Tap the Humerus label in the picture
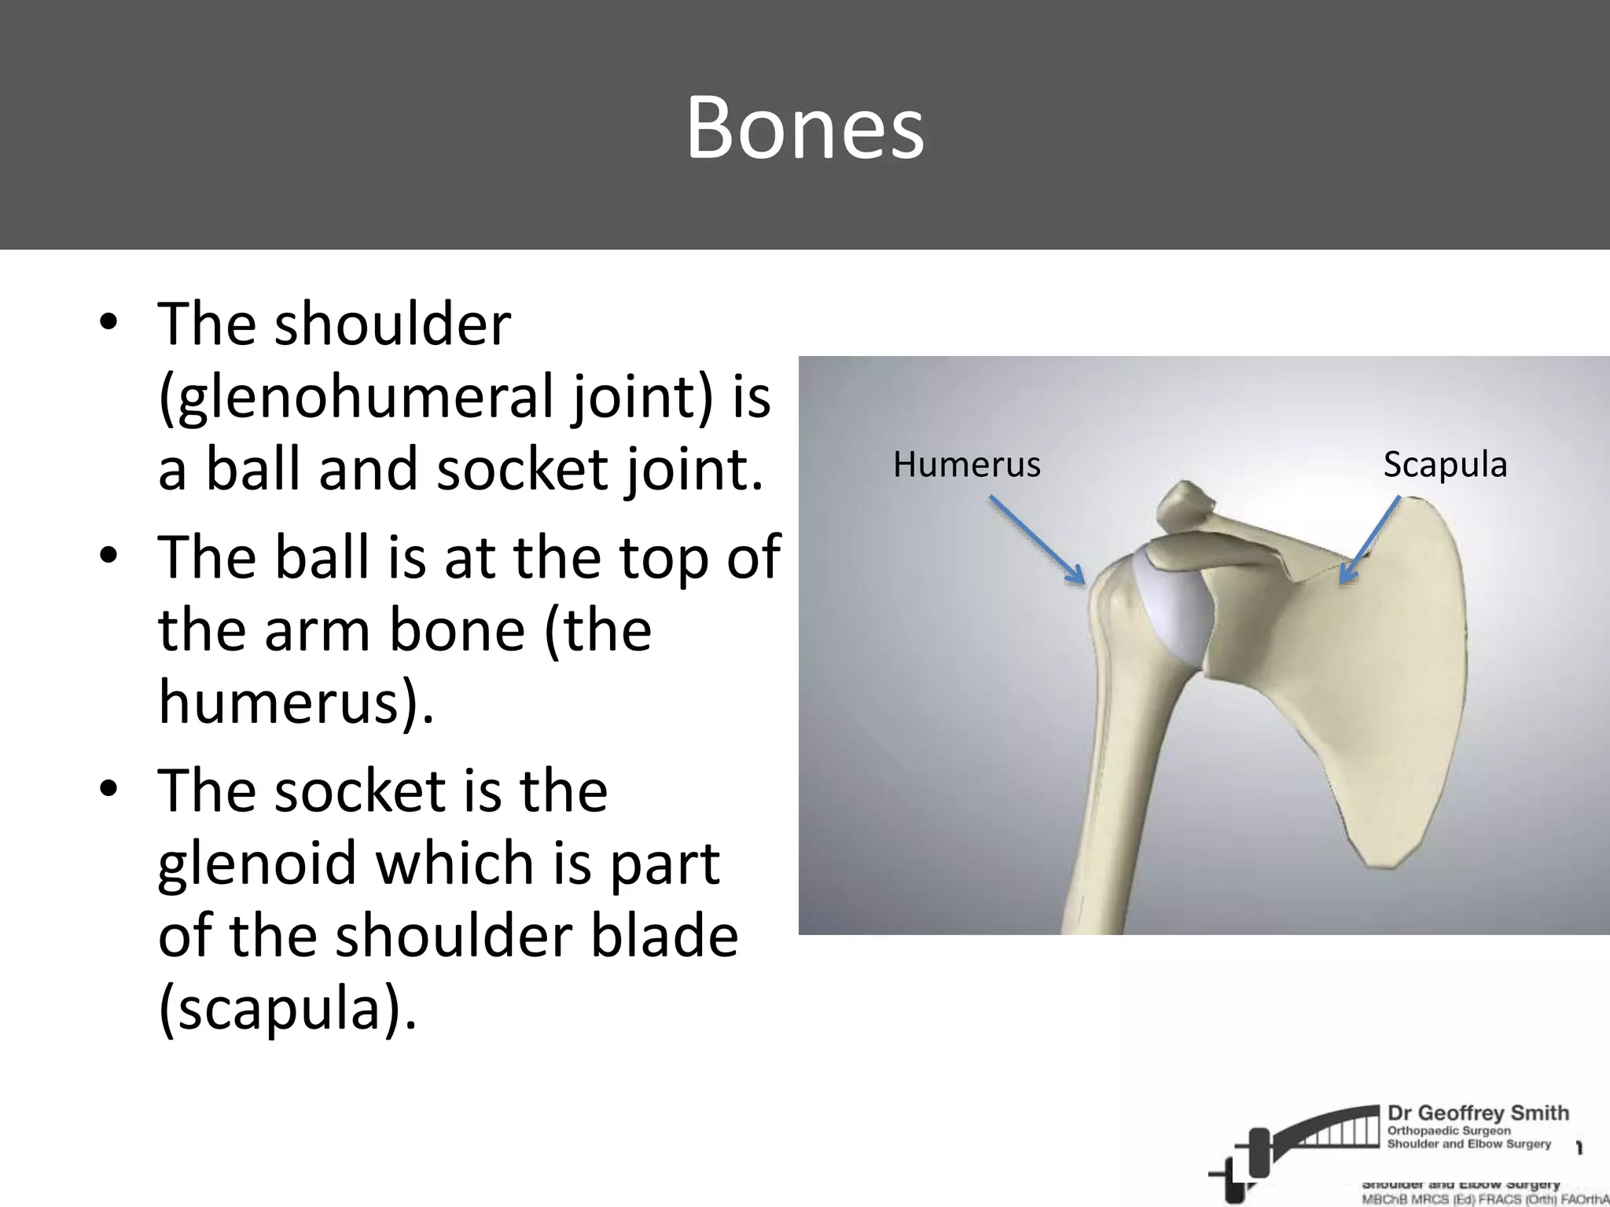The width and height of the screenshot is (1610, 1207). click(x=966, y=465)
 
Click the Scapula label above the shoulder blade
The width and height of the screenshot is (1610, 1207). click(x=1445, y=465)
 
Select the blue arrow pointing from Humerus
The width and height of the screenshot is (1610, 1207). click(x=1036, y=540)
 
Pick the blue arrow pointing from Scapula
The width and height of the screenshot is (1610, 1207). click(x=1370, y=539)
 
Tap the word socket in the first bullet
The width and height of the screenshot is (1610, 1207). click(x=521, y=470)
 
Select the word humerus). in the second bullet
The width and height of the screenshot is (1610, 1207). click(x=296, y=702)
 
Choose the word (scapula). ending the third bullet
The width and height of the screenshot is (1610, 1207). click(x=287, y=1009)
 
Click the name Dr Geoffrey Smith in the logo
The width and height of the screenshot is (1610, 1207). click(x=1478, y=1113)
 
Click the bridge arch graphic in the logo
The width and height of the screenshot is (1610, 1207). click(x=1321, y=1132)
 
